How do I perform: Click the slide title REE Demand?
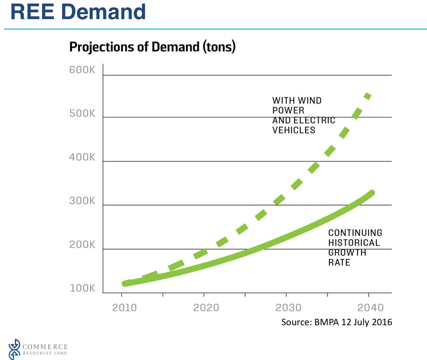coord(78,11)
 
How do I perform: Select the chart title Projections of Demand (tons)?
coord(152,47)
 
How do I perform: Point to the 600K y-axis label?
coord(82,70)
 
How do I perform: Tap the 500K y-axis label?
coord(82,113)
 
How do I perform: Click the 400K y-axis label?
coord(82,157)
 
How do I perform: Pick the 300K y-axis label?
coord(82,201)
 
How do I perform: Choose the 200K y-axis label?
coord(82,245)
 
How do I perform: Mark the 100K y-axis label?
coord(82,288)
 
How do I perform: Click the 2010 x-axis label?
coord(124,307)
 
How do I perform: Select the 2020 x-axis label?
coord(206,307)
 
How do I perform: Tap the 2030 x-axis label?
coord(288,307)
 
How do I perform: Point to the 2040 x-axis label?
coord(370,307)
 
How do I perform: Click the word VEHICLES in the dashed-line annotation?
coord(294,130)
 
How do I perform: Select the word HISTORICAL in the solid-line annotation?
coord(354,243)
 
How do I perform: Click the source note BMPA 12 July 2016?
coord(336,322)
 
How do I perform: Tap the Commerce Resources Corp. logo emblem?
coord(14,349)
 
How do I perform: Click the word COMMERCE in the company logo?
coord(45,347)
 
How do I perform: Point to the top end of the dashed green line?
coord(368,95)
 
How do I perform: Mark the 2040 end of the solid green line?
coord(371,193)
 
